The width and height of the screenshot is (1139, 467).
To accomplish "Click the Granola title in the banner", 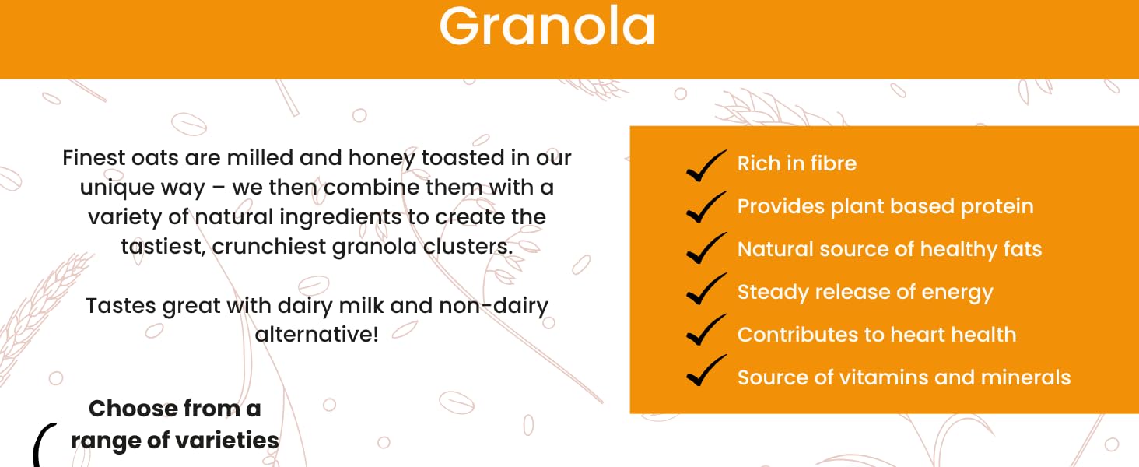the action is pyautogui.click(x=547, y=26).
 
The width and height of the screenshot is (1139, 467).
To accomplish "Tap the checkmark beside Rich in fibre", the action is pyautogui.click(x=706, y=166).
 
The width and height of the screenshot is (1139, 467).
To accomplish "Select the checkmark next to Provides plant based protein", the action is pyautogui.click(x=706, y=207).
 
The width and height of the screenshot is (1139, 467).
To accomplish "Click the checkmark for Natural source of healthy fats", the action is pyautogui.click(x=706, y=248).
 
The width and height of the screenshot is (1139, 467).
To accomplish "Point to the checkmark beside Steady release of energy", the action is pyautogui.click(x=706, y=289).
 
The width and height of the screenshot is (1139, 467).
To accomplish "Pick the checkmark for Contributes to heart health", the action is pyautogui.click(x=706, y=330).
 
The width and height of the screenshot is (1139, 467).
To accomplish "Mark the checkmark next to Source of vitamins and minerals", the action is pyautogui.click(x=706, y=370).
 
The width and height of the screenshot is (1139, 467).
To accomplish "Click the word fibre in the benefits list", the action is pyautogui.click(x=833, y=163).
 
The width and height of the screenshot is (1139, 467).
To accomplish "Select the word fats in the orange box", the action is pyautogui.click(x=1022, y=249).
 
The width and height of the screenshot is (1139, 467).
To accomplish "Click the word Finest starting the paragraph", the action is pyautogui.click(x=94, y=158).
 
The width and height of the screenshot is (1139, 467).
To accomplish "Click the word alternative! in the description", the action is pyautogui.click(x=317, y=334).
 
